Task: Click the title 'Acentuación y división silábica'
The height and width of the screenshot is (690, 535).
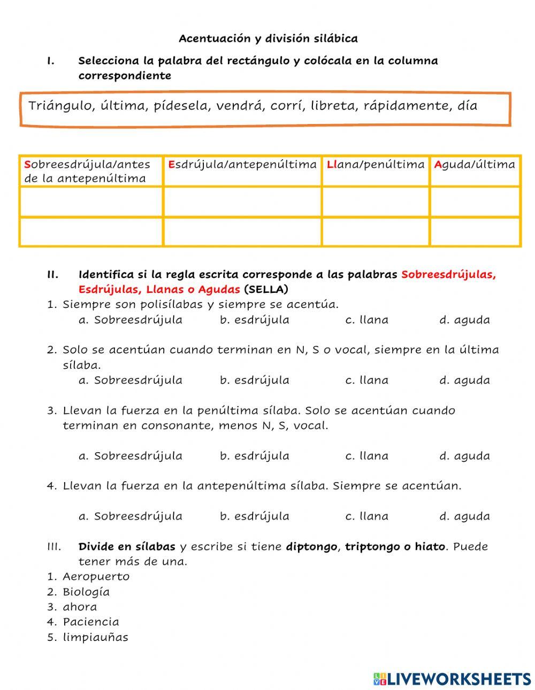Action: pyautogui.click(x=268, y=38)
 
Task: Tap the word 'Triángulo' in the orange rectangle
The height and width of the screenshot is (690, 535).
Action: pyautogui.click(x=60, y=105)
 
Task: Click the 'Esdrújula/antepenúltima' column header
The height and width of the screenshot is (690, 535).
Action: pyautogui.click(x=242, y=165)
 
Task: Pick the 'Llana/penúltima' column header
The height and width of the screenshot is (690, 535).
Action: pyautogui.click(x=376, y=165)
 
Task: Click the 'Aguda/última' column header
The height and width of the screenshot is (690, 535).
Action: pyautogui.click(x=475, y=165)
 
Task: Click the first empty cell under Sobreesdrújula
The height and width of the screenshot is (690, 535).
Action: pyautogui.click(x=91, y=201)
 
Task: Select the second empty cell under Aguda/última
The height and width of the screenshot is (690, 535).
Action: pyautogui.click(x=475, y=232)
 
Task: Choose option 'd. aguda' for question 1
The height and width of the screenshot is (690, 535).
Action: pyautogui.click(x=464, y=320)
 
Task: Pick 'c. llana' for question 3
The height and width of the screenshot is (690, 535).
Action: pyautogui.click(x=367, y=456)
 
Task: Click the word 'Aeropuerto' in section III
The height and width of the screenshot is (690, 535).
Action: pyautogui.click(x=96, y=577)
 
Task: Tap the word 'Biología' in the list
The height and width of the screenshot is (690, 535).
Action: pyautogui.click(x=86, y=592)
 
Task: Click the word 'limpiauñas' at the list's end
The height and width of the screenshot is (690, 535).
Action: pyautogui.click(x=96, y=637)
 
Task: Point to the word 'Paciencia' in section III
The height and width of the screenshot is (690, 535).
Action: pyautogui.click(x=91, y=622)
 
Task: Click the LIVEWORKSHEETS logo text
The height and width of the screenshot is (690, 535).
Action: pyautogui.click(x=459, y=679)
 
